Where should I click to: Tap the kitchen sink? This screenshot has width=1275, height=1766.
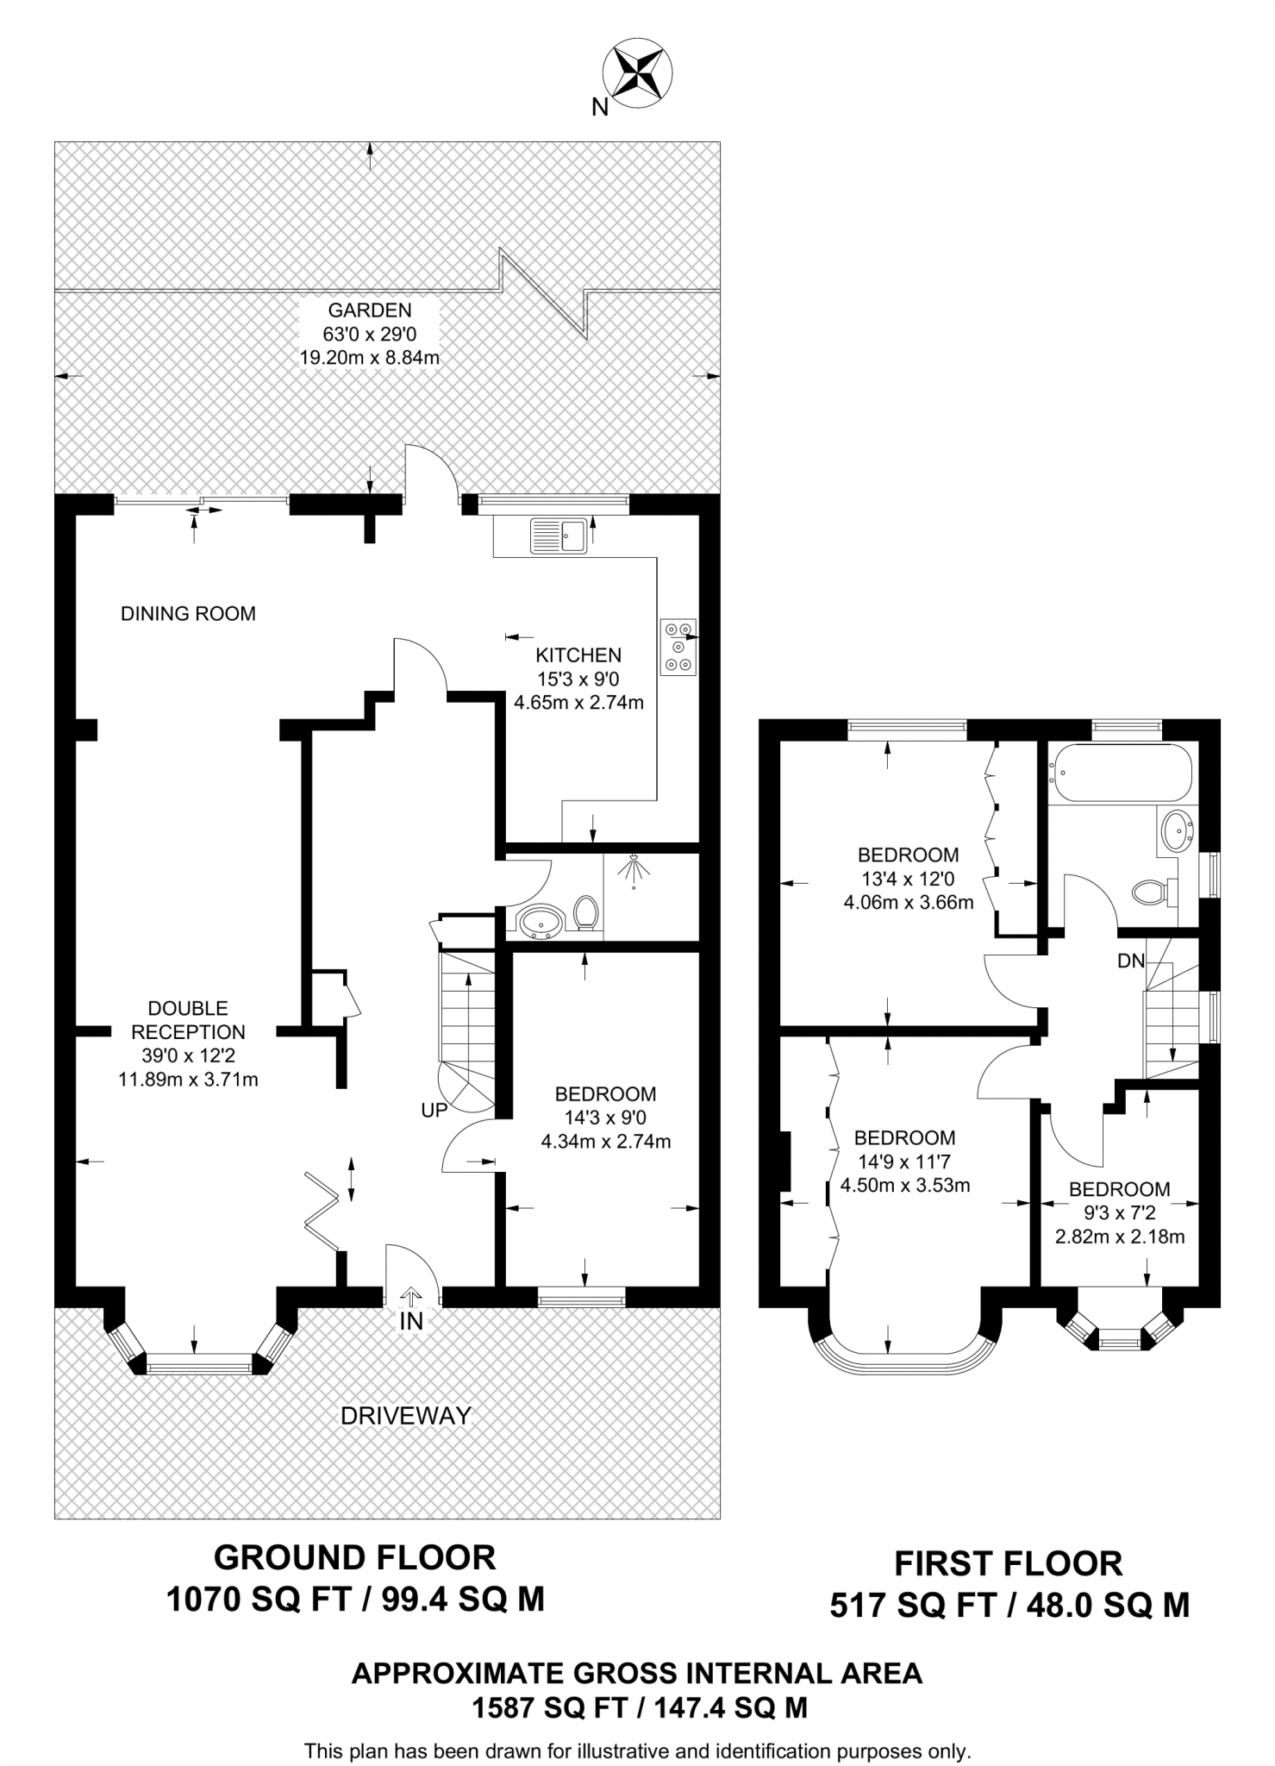point(558,535)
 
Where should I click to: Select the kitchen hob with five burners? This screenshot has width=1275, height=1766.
point(678,647)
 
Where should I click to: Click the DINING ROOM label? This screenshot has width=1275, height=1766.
point(188,614)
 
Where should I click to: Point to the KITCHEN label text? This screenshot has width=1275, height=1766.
point(578,655)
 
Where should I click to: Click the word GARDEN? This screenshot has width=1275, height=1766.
point(370,310)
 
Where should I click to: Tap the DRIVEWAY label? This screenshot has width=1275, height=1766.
point(406,1415)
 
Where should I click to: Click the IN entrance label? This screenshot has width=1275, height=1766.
point(411,1321)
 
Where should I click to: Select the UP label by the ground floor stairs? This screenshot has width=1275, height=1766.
point(434,1111)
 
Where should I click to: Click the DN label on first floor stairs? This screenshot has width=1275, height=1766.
point(1130,961)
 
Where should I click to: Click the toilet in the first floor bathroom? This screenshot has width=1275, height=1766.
point(1153,891)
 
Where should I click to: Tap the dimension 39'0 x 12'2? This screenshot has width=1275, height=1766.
point(188,1055)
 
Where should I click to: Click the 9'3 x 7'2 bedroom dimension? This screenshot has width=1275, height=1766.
point(1119,1212)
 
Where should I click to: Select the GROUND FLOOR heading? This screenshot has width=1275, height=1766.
point(354,1558)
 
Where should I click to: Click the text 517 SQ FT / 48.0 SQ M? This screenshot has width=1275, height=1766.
point(1009,1606)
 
